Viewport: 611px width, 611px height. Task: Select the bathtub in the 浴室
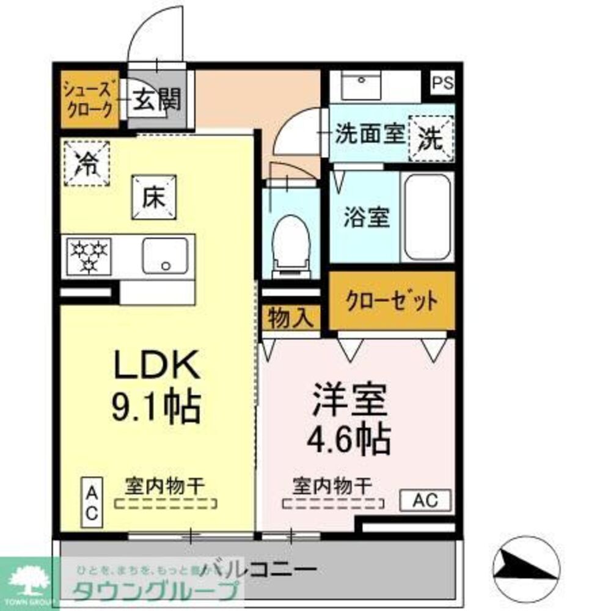(428, 217)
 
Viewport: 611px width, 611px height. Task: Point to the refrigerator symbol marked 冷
(86, 162)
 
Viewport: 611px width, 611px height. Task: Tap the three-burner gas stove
(89, 255)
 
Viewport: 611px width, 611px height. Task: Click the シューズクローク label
(89, 101)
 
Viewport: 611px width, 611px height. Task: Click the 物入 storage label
(291, 318)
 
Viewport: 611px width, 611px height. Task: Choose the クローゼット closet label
(392, 301)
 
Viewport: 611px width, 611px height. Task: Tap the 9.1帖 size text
(156, 408)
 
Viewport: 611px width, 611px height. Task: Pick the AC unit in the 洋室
(425, 501)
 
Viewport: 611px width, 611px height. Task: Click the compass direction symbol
(526, 567)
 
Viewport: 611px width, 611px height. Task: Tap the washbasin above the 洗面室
(362, 86)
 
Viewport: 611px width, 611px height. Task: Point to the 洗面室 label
(369, 136)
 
